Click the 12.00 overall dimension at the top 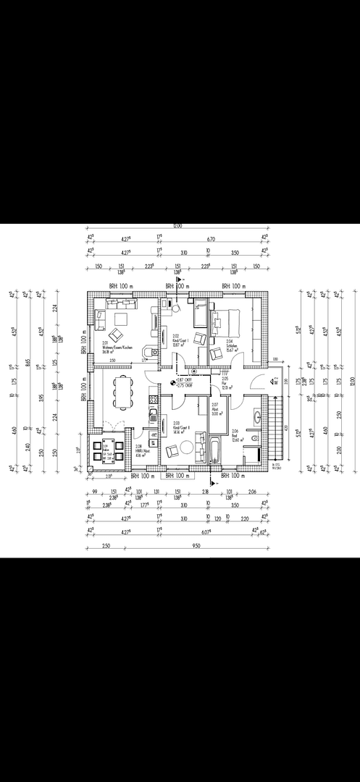point(177,226)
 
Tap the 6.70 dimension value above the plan point(212,238)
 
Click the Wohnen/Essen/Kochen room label point(117,347)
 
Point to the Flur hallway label point(225,384)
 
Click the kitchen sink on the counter point(153,415)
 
